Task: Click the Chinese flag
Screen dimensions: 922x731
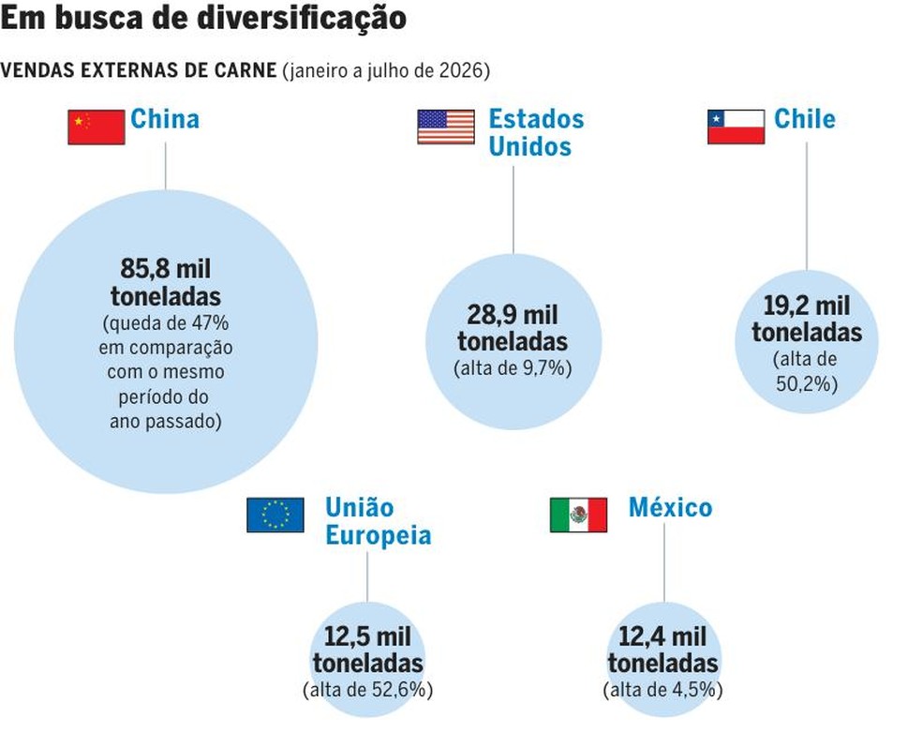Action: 97,127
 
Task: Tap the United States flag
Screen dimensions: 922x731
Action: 446,127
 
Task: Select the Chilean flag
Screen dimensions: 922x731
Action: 736,127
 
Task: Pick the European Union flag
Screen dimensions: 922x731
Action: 275,515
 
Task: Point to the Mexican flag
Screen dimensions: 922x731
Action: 579,515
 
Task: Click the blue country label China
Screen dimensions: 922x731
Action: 165,119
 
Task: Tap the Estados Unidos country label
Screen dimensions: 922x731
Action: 536,133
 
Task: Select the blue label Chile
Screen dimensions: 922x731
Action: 804,119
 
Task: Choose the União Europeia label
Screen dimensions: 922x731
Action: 379,521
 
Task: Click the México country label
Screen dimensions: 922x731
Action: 670,507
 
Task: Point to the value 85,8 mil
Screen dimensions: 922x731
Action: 166,269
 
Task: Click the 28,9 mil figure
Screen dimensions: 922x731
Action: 513,315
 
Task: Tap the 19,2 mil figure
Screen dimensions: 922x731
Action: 807,306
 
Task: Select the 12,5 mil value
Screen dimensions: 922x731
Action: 368,636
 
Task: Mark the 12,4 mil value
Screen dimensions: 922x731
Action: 662,636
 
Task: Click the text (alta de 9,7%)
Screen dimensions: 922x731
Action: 513,368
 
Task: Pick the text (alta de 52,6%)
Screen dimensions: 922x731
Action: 368,689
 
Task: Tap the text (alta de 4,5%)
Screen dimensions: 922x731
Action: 662,689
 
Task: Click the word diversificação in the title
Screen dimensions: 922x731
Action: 301,18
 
